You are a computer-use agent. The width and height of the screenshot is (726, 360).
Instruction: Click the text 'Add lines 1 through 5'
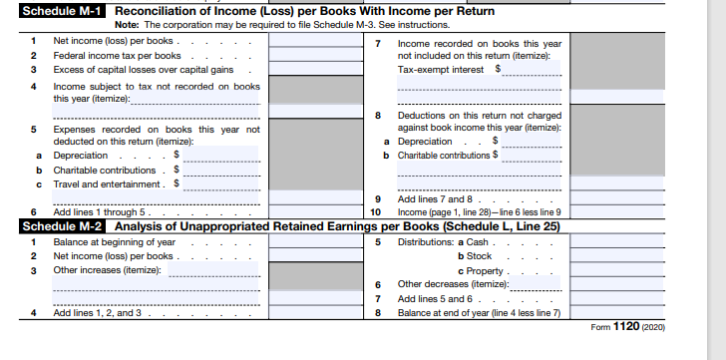[100, 212]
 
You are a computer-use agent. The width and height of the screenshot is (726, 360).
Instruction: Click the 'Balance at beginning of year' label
[114, 242]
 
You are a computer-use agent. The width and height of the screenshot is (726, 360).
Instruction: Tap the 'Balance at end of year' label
[479, 312]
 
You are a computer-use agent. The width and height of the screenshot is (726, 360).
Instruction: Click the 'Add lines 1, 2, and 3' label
[98, 312]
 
